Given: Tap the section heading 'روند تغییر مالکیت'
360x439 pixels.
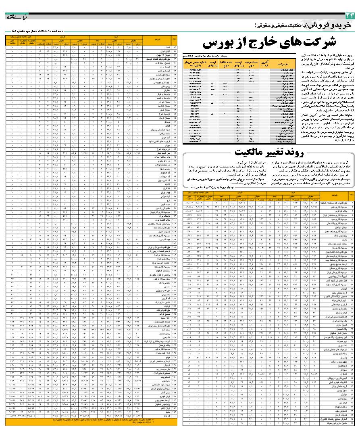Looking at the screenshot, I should pyautogui.click(x=258, y=153).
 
